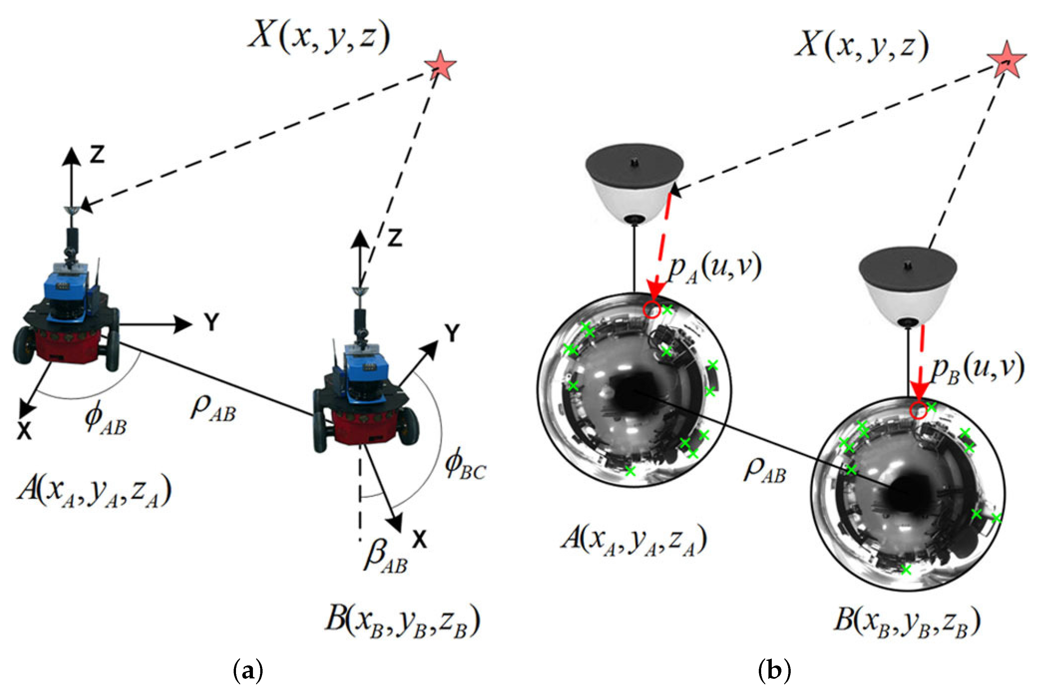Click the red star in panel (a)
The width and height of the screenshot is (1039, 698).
[439, 66]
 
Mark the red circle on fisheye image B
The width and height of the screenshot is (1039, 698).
[918, 410]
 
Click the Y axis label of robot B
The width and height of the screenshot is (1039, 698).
[452, 333]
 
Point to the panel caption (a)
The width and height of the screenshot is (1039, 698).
[248, 671]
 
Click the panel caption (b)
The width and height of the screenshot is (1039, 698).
[774, 671]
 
